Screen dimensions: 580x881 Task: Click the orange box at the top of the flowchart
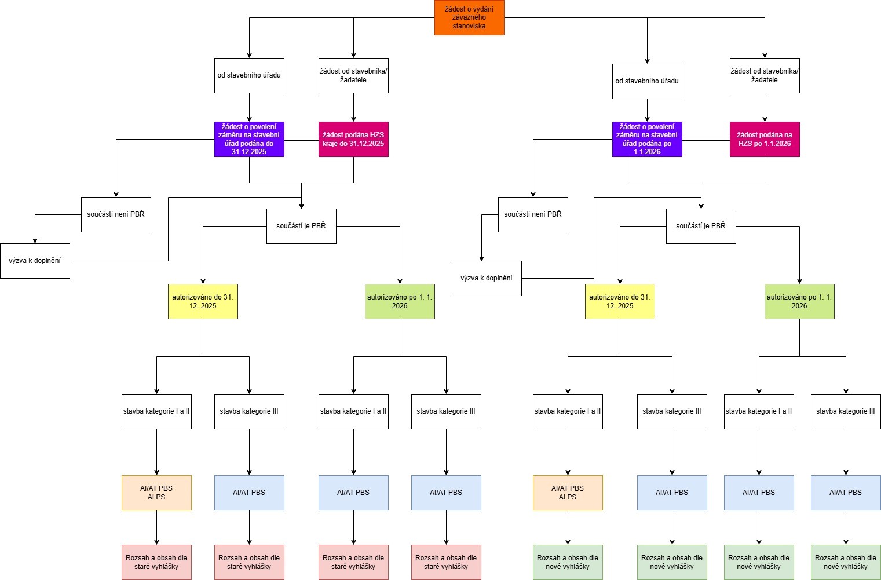[469, 17]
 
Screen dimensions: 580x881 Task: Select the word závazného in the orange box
[469, 17]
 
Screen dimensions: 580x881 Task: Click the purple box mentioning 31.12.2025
[249, 139]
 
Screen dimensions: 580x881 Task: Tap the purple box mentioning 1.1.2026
[647, 139]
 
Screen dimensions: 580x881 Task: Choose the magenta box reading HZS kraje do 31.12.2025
[353, 139]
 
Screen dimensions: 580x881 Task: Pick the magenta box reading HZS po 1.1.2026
[765, 139]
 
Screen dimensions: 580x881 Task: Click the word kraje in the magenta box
[332, 144]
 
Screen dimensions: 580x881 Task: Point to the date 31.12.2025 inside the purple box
[249, 152]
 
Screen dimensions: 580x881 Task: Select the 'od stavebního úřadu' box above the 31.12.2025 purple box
[249, 75]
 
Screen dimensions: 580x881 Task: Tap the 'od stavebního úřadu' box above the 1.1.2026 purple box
[647, 81]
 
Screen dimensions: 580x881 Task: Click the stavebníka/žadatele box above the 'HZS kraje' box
[353, 75]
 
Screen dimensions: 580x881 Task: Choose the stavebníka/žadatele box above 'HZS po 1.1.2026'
[765, 75]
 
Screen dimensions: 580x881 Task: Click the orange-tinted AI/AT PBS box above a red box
[156, 493]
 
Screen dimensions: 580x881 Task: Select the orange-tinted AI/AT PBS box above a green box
[568, 493]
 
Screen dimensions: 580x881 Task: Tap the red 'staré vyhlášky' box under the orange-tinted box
[156, 562]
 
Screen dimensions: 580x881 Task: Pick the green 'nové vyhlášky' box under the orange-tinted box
[568, 562]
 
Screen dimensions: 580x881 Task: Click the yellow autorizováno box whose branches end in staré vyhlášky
[203, 301]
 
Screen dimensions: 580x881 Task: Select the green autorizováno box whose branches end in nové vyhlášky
[799, 301]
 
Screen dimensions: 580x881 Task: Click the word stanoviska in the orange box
[469, 26]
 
